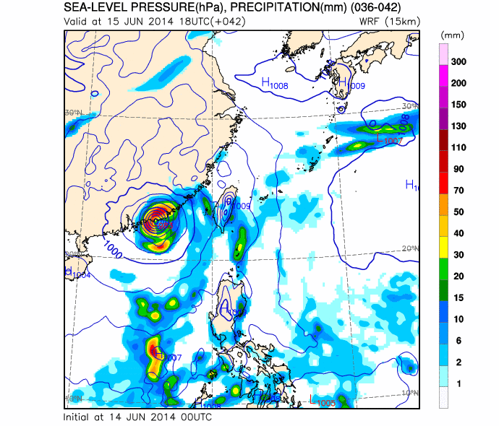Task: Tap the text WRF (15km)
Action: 389,21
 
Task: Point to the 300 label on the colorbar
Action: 458,62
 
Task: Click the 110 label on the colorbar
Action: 458,147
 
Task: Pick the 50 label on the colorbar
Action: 458,212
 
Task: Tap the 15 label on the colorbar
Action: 458,297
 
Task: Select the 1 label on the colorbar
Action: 458,382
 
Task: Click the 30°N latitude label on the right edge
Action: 408,106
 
